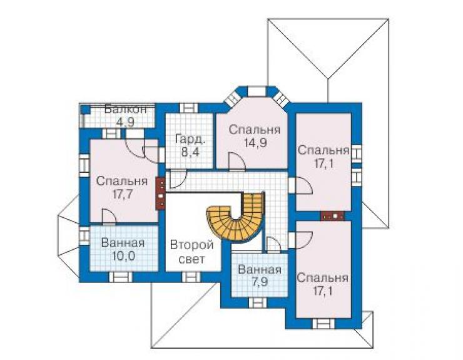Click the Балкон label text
coord(126,110)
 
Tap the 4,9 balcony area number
coord(126,121)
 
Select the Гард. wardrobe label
coord(190,139)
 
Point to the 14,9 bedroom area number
coord(256,143)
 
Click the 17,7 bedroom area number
coord(121,194)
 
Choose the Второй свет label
coord(192,252)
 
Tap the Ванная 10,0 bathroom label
coord(123,249)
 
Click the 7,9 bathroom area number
coord(260,282)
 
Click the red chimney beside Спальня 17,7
coord(160,193)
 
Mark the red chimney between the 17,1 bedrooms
coord(332,216)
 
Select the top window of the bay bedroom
coord(257,91)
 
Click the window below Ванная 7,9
coord(258,302)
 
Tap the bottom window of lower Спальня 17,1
coord(324,323)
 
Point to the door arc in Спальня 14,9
coord(237,162)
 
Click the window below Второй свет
coord(191,277)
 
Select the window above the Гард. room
coord(189,108)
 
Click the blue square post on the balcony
coord(86,110)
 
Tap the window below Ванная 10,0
coord(121,277)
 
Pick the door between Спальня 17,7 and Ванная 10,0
coord(109,217)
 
